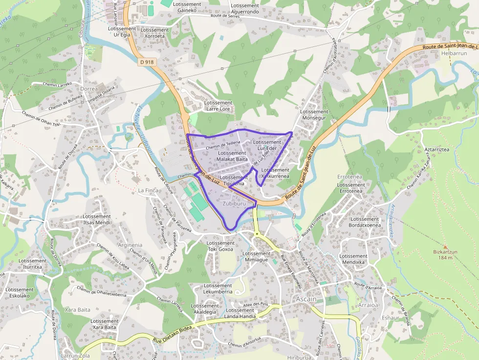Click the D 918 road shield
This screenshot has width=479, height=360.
point(147,62)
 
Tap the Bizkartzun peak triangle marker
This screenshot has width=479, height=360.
point(445,247)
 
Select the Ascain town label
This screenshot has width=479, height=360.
point(306,299)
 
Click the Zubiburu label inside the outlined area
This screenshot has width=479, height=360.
point(234,203)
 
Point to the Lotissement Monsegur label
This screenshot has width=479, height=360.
point(314,115)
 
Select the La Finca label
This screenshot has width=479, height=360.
point(149,190)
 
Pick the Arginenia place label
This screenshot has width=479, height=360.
point(130,245)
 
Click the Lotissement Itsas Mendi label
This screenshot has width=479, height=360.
point(97,219)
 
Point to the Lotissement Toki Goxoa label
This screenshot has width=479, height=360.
point(220,246)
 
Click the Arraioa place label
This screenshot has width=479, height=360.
point(368,305)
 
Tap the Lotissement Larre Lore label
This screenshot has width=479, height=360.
point(218,106)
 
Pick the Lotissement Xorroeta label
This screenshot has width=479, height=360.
point(154,33)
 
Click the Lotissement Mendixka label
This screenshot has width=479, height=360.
point(353,259)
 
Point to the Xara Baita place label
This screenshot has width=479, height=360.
point(77,310)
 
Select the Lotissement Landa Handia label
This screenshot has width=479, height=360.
point(240,313)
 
